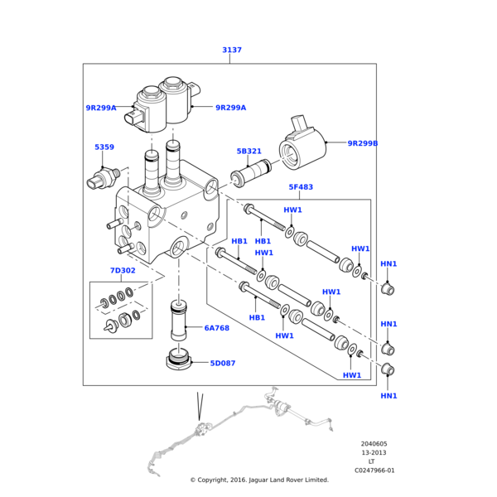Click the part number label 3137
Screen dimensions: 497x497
[232, 51]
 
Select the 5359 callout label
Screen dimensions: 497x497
[104, 147]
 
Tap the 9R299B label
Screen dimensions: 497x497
[362, 143]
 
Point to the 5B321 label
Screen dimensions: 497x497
[248, 152]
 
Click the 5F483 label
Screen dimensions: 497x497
[301, 187]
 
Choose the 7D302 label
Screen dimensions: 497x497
[122, 271]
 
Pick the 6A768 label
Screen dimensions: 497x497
[216, 328]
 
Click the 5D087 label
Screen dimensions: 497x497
[222, 363]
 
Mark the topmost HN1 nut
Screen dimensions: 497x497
[386, 289]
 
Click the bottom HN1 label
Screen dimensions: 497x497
[388, 396]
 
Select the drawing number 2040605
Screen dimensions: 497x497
[374, 444]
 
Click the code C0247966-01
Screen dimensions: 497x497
[374, 470]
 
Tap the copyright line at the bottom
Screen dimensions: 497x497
[259, 480]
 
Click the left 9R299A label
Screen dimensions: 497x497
[101, 108]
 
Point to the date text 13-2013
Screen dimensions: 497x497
[374, 453]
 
